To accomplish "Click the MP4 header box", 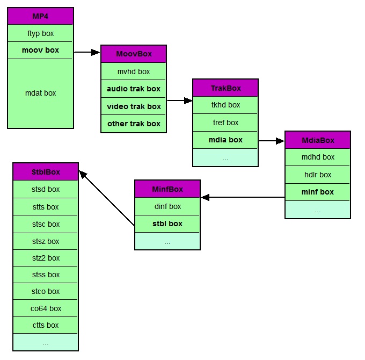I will click(x=40, y=16).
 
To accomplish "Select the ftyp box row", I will click(x=40, y=33).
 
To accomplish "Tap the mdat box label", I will click(x=40, y=93).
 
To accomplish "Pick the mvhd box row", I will click(x=134, y=71).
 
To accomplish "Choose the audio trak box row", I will click(x=134, y=89).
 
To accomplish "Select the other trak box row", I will click(x=134, y=124).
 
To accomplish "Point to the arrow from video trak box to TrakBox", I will click(x=179, y=100).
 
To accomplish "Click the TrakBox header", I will click(x=225, y=88).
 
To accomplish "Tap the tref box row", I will click(x=225, y=123).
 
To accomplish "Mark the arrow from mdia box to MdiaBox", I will click(x=271, y=141).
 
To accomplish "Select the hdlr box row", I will click(x=317, y=175).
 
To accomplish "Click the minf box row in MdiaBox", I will click(x=317, y=192).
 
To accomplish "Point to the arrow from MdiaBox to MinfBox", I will click(x=243, y=197).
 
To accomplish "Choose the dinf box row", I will click(x=167, y=206).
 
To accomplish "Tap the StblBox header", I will click(x=46, y=172).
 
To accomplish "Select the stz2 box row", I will click(x=46, y=258).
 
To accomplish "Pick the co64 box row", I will click(x=46, y=308).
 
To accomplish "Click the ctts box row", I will click(x=46, y=325).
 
